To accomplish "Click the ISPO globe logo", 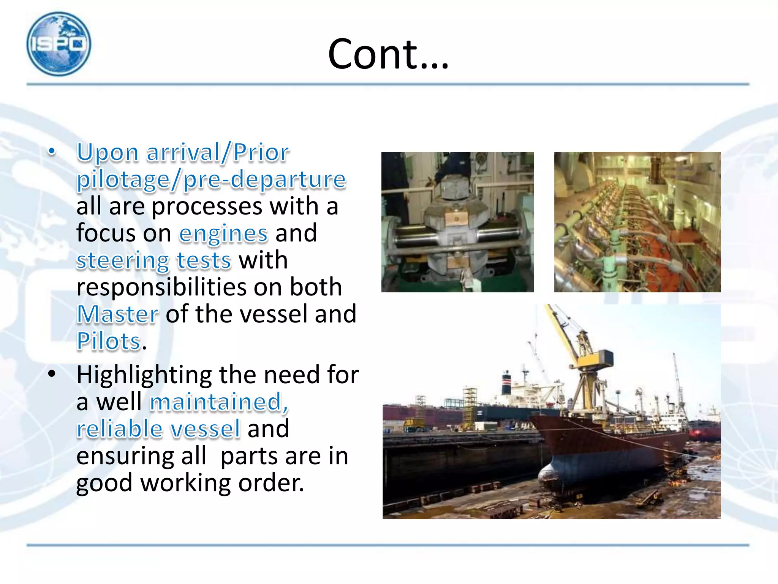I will (x=59, y=44).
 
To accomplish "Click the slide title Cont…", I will (x=388, y=54).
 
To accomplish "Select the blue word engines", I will (x=223, y=233).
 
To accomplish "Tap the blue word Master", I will (x=117, y=314).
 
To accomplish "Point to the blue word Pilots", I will (x=109, y=341).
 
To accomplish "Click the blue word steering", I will (x=123, y=261).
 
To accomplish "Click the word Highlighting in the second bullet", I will (x=144, y=375).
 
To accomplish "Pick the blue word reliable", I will (x=119, y=429).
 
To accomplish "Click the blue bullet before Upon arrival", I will (x=52, y=152).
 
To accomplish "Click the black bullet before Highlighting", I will (x=52, y=374).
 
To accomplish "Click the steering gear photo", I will (x=457, y=222).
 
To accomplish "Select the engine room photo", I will (x=637, y=222).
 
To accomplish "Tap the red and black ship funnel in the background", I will (x=507, y=382).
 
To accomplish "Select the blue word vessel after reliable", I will (x=205, y=429).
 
